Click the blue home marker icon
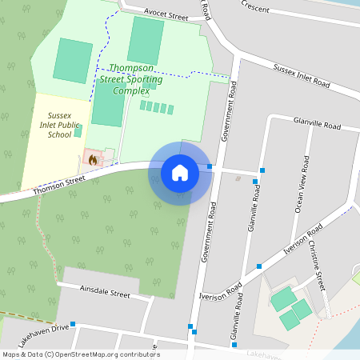(180, 173)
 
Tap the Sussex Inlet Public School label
(60, 125)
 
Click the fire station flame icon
(93, 159)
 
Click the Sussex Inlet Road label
(302, 77)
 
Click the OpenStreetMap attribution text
(81, 354)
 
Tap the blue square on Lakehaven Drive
(73, 324)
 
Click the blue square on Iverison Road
(259, 266)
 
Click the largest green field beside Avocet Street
(146, 39)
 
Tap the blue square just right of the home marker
(210, 167)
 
